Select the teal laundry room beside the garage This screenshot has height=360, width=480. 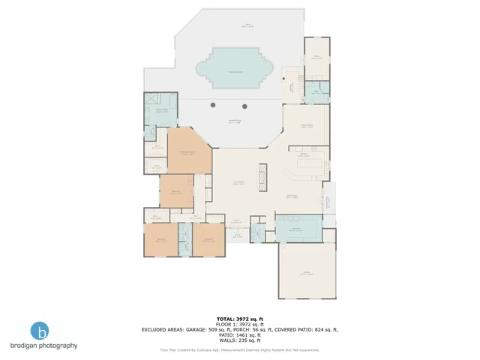pyautogui.click(x=298, y=228)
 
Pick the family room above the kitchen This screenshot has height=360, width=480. pyautogui.click(x=306, y=125)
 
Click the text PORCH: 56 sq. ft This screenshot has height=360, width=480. pyautogui.click(x=251, y=329)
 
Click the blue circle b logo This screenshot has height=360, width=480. pyautogui.click(x=42, y=331)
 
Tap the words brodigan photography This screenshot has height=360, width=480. pyautogui.click(x=43, y=346)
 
